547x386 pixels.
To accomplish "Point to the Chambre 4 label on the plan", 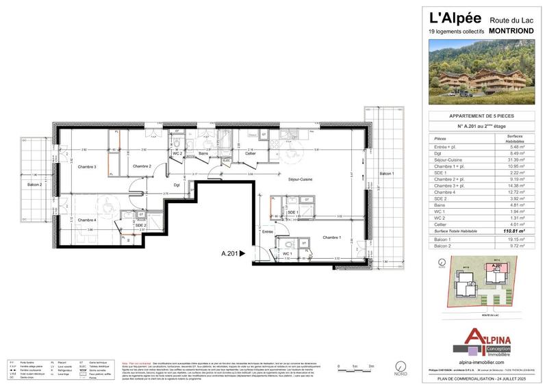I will point(86,220).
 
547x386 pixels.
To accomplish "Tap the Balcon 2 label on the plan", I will point(35,185).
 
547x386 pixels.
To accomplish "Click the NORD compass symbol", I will point(402,367).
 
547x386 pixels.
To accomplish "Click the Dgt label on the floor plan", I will point(176,185).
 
